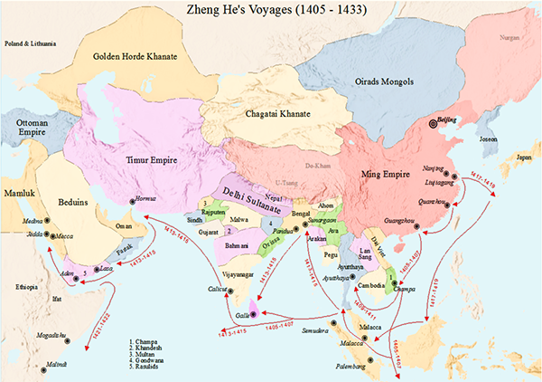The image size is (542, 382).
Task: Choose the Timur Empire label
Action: (149, 160)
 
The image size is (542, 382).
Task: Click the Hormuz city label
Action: (145, 198)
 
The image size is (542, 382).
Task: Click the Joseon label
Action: (488, 139)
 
